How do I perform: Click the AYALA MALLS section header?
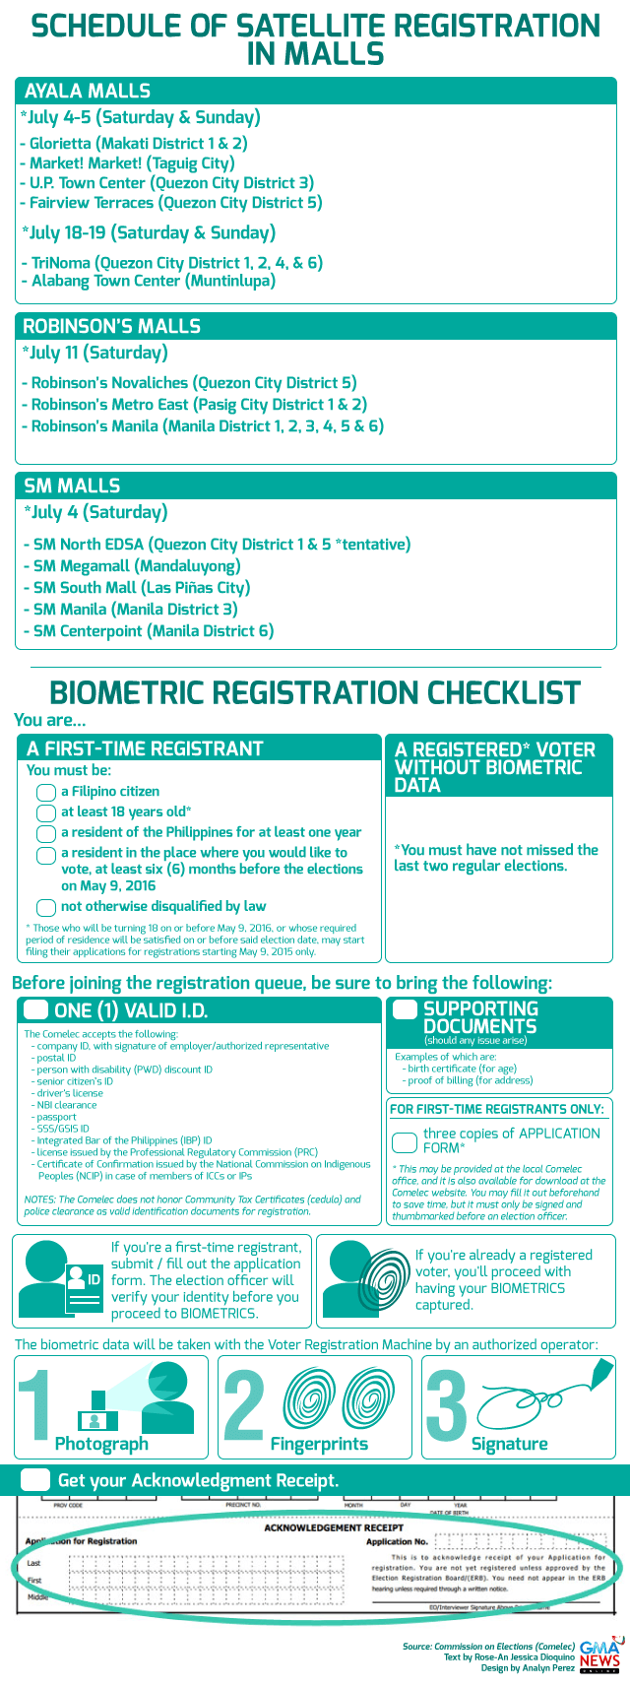pyautogui.click(x=88, y=92)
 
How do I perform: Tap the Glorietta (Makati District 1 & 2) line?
pyautogui.click(x=133, y=144)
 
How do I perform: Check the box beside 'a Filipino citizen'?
pyautogui.click(x=46, y=793)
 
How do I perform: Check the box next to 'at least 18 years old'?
pyautogui.click(x=46, y=812)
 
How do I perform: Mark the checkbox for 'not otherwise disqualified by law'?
pyautogui.click(x=46, y=908)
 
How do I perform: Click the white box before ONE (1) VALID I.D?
pyautogui.click(x=35, y=1009)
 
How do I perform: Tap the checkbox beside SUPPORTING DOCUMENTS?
pyautogui.click(x=405, y=1009)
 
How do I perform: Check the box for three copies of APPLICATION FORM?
pyautogui.click(x=405, y=1142)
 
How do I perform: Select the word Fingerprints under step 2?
pyautogui.click(x=319, y=1444)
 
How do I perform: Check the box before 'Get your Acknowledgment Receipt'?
pyautogui.click(x=35, y=1480)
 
